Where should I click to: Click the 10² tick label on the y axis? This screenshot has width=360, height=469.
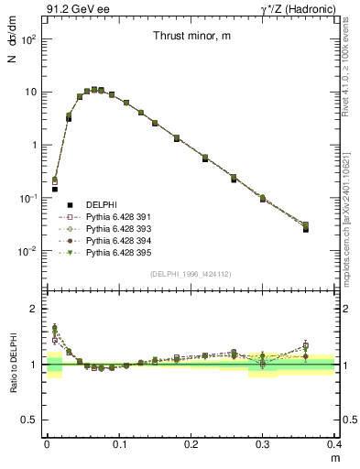tap(27, 40)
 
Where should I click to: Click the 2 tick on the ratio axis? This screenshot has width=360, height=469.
tap(33, 309)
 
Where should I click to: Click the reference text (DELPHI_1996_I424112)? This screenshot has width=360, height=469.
tap(190, 272)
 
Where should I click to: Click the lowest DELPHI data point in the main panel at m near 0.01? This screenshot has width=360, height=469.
tap(54, 190)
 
